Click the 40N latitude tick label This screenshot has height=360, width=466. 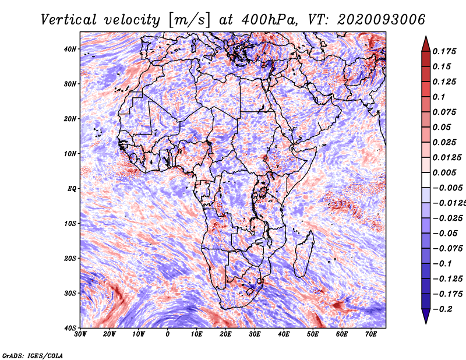point(70,49)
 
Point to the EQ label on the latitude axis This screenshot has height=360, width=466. point(72,189)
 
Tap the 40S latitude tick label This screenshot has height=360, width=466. point(70,328)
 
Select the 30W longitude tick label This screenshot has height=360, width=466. point(80,334)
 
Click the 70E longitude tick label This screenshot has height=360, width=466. point(371,334)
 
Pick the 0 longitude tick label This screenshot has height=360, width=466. point(168,334)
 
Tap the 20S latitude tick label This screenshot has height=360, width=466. point(70,258)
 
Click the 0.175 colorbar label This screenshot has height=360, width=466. point(444,51)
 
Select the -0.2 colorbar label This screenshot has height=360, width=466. point(442,309)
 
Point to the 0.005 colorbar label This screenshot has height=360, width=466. point(444,172)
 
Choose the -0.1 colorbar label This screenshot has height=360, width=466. point(442,264)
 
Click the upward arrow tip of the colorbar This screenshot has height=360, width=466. point(426,37)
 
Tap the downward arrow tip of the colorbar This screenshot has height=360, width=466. point(426,323)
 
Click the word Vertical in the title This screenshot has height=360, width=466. point(68,20)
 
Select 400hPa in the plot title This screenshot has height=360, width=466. point(269,20)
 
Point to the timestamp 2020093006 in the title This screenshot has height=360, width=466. point(381,20)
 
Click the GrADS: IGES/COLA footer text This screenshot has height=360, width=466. point(33,356)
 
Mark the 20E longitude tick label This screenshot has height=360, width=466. point(225,334)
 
